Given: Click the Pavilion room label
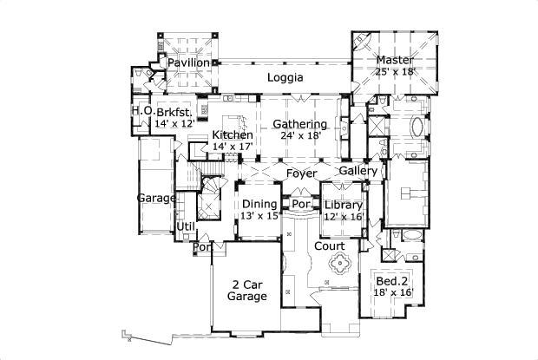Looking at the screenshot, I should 189,63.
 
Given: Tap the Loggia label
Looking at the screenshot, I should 285,77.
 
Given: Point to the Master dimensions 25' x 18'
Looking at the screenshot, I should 397,71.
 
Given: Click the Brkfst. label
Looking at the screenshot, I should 175,113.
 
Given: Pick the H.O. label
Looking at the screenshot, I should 142,112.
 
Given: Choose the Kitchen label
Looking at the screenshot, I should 233,135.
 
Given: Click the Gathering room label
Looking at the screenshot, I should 299,124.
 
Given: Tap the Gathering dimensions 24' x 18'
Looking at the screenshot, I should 300,135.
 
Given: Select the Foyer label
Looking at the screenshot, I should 301,174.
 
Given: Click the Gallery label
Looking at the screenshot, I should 358,172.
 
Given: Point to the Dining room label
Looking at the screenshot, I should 259,204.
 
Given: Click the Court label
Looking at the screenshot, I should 331,246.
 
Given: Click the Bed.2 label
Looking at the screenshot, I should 392,281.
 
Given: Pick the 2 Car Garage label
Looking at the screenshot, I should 246,291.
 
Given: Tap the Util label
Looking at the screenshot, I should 186,226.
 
